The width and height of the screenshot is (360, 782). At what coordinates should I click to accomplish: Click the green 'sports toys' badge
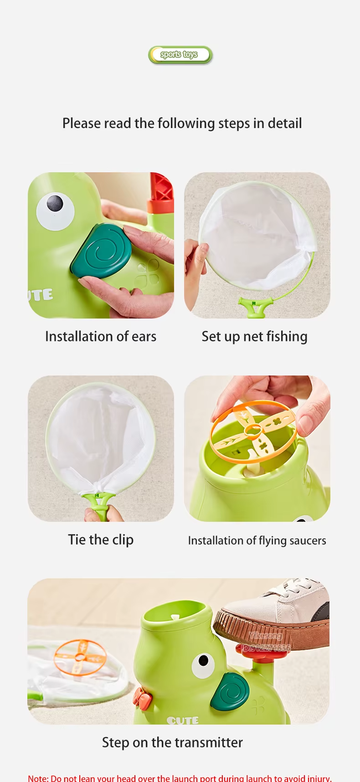(180, 55)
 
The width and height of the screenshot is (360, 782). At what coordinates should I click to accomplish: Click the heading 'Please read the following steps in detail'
(182, 123)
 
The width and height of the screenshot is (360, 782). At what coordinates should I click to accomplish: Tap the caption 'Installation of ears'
(101, 336)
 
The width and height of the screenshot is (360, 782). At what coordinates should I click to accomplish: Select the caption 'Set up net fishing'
(254, 336)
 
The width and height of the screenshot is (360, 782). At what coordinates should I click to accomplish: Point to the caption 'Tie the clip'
(101, 540)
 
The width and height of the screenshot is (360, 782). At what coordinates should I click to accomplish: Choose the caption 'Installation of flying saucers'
(257, 540)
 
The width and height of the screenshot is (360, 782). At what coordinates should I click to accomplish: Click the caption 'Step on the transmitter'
(172, 742)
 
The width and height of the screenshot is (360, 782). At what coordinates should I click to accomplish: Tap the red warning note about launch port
(180, 777)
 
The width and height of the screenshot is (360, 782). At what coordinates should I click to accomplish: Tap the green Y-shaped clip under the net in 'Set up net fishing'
(256, 306)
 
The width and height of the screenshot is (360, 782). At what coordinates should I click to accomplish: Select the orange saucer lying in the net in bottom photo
(80, 657)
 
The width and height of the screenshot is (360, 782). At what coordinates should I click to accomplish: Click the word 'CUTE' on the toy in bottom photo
(182, 720)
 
